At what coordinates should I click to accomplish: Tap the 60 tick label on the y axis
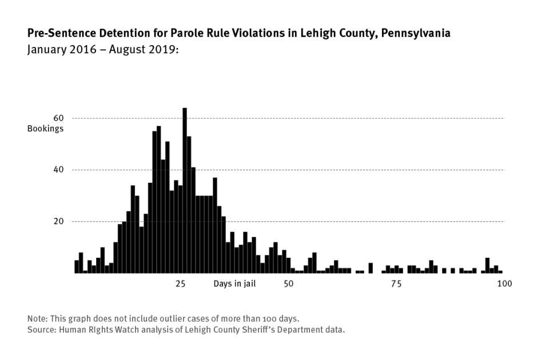point(59,118)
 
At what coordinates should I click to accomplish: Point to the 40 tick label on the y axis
point(59,170)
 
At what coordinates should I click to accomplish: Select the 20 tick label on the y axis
point(59,221)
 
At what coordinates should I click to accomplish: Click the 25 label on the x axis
point(181,283)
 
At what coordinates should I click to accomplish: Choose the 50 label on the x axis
point(289,283)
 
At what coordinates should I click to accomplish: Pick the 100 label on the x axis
point(503,283)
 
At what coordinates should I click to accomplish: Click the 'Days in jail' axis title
point(234,283)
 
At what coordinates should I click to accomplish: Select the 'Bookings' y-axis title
point(45,129)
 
